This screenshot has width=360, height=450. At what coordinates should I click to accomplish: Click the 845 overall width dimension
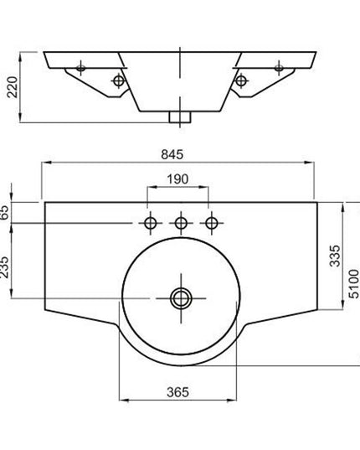[x=179, y=154]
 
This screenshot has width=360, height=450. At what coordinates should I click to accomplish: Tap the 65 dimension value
[x=6, y=212]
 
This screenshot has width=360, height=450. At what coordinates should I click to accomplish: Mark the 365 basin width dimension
[x=179, y=391]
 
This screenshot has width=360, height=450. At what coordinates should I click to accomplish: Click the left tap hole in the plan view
[x=152, y=223]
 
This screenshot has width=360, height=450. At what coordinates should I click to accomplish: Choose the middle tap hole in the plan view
[x=180, y=223]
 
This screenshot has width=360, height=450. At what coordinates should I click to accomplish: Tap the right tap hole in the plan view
[x=212, y=223]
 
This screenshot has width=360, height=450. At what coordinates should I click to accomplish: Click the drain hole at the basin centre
[x=180, y=297]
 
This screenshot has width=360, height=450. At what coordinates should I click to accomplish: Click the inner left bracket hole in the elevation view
[x=118, y=80]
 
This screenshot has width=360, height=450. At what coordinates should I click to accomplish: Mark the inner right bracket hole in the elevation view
[x=242, y=80]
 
